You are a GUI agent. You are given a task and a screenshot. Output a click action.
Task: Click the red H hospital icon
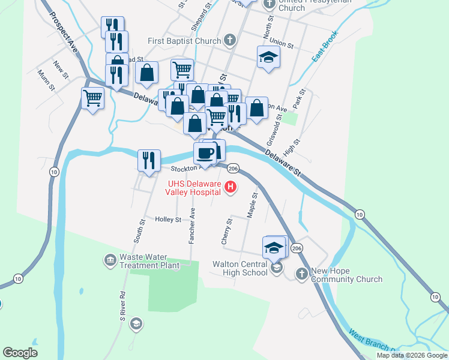230,188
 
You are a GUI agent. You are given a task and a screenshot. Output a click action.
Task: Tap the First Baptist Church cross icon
228,41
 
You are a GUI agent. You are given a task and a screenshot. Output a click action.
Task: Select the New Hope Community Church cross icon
301,274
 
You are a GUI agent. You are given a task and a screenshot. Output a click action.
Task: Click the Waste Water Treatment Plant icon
110,260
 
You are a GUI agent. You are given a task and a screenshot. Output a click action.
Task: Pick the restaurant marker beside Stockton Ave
148,160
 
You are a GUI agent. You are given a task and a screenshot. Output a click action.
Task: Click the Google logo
20,353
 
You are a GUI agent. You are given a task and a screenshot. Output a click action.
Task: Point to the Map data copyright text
412,355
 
